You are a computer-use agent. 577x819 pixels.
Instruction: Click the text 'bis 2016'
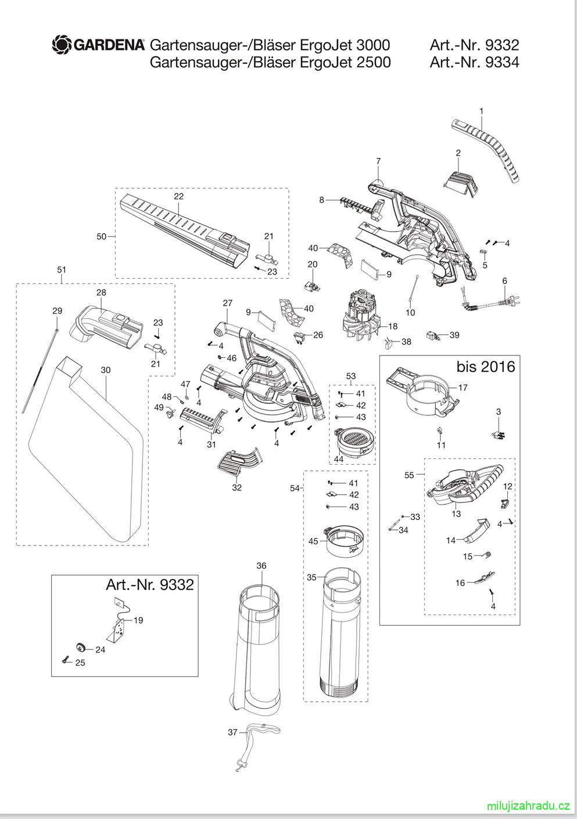(485, 367)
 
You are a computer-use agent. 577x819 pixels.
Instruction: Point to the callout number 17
(463, 387)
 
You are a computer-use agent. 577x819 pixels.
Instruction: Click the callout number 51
(62, 270)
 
